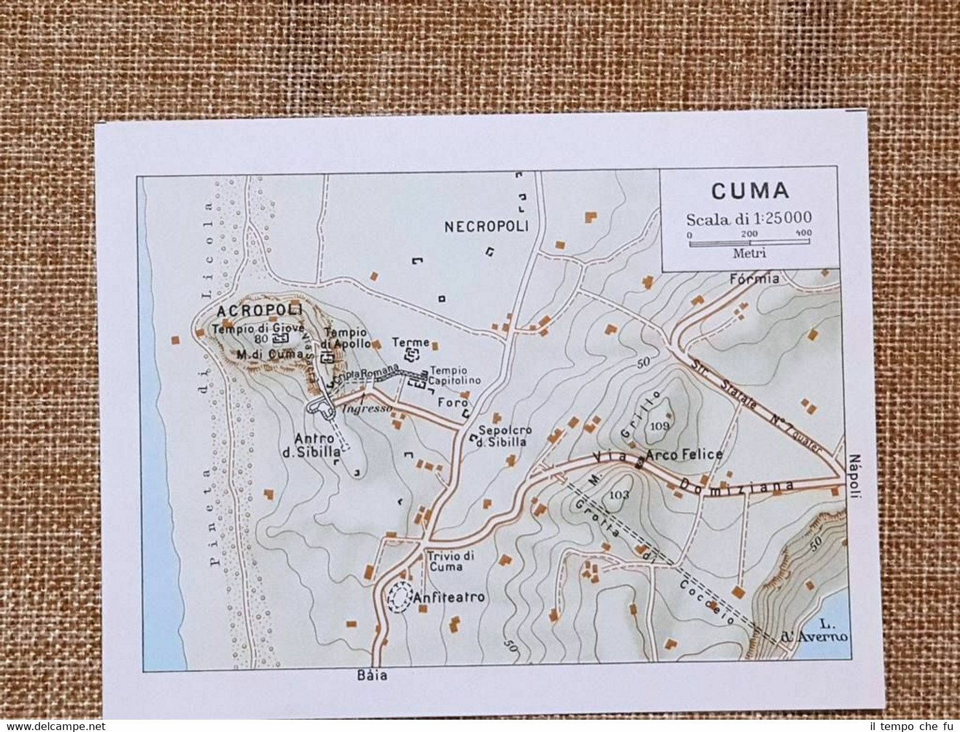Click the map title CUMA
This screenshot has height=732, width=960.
tap(750, 191)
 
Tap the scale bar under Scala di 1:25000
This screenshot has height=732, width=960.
tap(749, 242)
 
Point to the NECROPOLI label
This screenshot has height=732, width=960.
tap(486, 226)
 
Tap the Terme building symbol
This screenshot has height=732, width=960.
tap(411, 354)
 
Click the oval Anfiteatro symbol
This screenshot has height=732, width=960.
tap(399, 597)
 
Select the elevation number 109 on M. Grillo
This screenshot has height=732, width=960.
tap(660, 425)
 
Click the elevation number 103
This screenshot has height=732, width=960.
tap(619, 495)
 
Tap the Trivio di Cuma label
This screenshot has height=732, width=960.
tap(450, 561)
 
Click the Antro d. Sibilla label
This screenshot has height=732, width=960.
tap(311, 446)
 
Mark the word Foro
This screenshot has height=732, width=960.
tap(453, 402)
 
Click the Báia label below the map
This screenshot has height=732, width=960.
tap(372, 675)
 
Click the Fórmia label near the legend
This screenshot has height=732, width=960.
tap(754, 279)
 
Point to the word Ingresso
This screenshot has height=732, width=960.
tap(367, 409)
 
